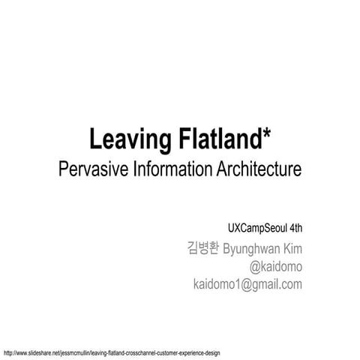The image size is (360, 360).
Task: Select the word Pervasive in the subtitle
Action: click(91, 169)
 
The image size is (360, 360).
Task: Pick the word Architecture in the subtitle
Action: click(256, 169)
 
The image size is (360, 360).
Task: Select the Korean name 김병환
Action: click(202, 248)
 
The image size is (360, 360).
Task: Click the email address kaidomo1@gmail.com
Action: click(247, 284)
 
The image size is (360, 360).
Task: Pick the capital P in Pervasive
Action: click(63, 169)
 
